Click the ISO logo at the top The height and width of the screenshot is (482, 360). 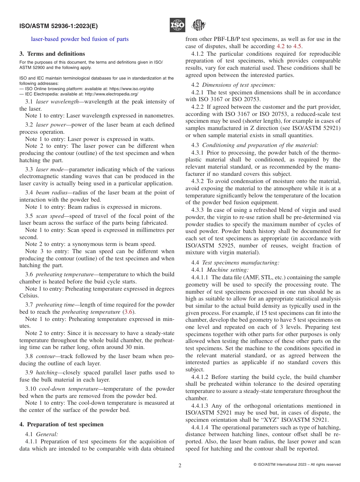(177, 25)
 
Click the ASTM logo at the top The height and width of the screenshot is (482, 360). (198, 25)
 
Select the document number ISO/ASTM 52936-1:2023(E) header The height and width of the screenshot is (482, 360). (58, 26)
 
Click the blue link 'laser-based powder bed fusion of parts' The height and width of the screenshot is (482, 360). (80, 39)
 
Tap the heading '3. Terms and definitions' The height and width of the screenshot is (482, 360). (52, 54)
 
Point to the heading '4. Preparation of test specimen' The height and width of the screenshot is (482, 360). (61, 424)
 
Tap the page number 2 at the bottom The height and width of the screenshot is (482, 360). (180, 465)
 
